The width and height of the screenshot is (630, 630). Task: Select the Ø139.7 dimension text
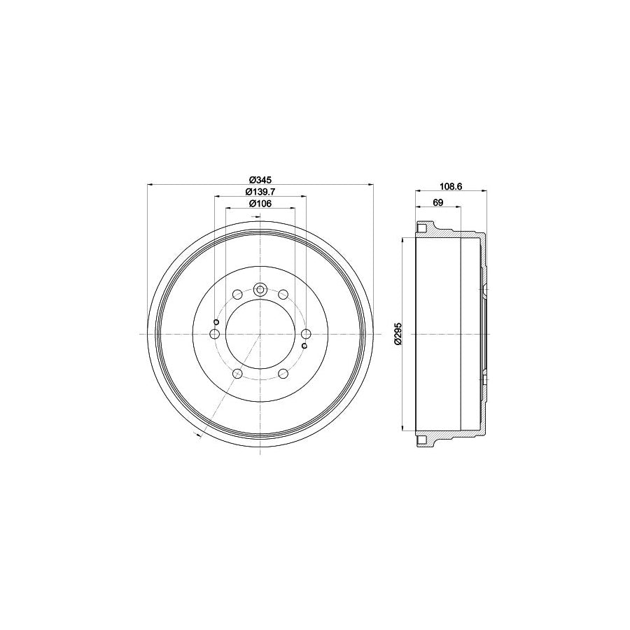pyautogui.click(x=260, y=192)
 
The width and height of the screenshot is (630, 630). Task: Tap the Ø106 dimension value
pyautogui.click(x=260, y=204)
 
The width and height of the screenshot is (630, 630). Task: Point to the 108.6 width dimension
pyautogui.click(x=451, y=187)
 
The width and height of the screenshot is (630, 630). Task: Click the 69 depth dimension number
pyautogui.click(x=438, y=203)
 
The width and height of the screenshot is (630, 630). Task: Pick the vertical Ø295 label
pyautogui.click(x=398, y=334)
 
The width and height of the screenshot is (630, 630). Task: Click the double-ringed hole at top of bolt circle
pyautogui.click(x=260, y=288)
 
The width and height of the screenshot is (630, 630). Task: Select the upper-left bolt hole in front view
pyautogui.click(x=237, y=295)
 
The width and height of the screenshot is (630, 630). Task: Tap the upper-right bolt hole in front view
pyautogui.click(x=283, y=295)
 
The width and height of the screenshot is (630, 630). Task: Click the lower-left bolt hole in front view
pyautogui.click(x=237, y=374)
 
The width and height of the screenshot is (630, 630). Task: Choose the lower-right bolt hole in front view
pyautogui.click(x=283, y=374)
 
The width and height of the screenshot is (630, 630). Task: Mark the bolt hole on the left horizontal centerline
pyautogui.click(x=215, y=335)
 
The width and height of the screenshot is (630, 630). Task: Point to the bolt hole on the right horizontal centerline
pyautogui.click(x=306, y=335)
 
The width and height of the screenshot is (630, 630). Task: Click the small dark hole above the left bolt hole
pyautogui.click(x=216, y=322)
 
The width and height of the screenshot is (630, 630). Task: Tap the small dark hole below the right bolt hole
pyautogui.click(x=304, y=346)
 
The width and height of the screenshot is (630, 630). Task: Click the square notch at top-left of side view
pyautogui.click(x=421, y=228)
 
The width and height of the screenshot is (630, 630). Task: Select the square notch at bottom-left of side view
pyautogui.click(x=421, y=440)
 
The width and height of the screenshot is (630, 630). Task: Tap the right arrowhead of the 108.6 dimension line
pyautogui.click(x=483, y=191)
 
